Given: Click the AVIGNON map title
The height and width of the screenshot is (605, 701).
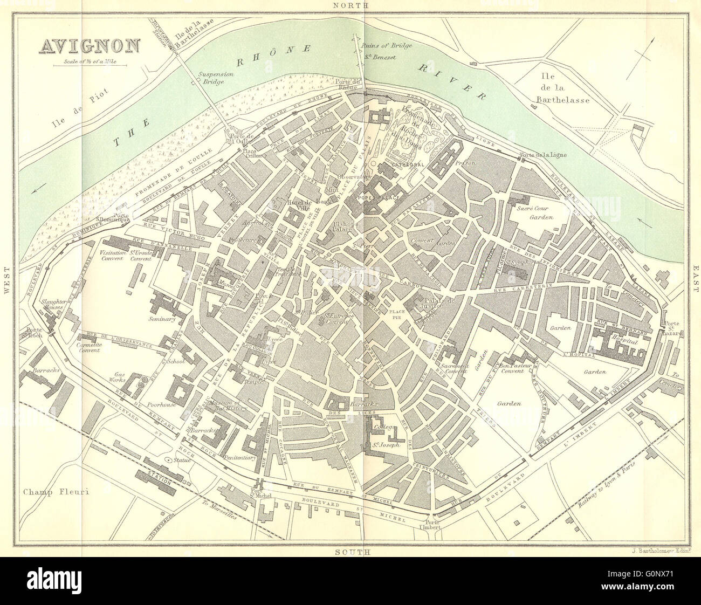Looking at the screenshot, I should point(89,47).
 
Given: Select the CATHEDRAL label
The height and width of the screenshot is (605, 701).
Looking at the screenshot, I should point(408,163).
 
